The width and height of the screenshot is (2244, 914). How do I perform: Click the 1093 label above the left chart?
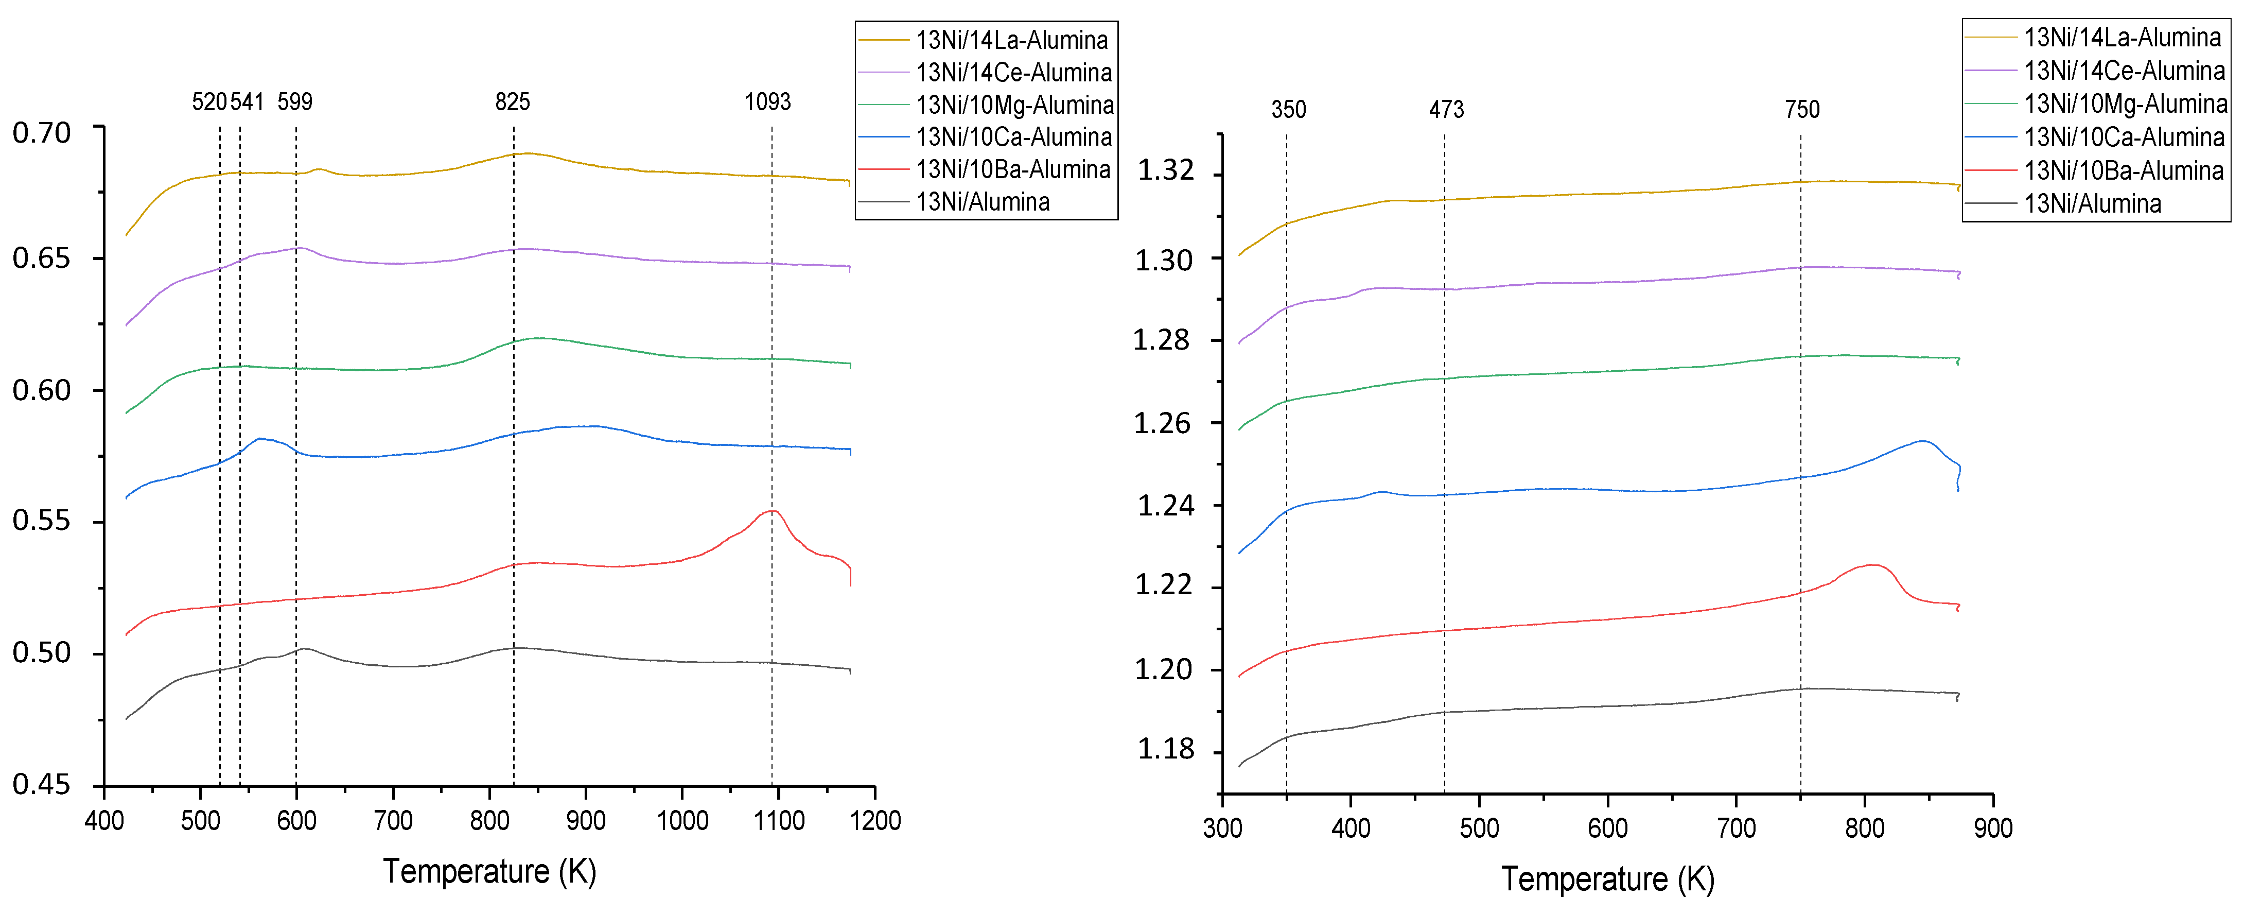coord(767,102)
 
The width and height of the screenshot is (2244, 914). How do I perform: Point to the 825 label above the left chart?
coord(512,102)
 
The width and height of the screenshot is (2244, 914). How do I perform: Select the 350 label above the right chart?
coord(1288,110)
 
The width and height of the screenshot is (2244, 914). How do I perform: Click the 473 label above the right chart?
coord(1446,110)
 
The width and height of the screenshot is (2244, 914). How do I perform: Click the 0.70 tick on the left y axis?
coord(41,133)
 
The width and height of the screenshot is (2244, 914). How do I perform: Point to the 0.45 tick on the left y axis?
coord(41,784)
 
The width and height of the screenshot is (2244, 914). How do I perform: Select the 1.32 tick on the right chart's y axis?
coord(1166,171)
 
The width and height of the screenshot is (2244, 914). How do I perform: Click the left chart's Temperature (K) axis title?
coord(489,871)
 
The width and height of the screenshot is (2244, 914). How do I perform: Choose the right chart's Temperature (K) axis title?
coord(1607,878)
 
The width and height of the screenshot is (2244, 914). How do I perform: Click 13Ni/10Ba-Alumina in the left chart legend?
coord(1013,169)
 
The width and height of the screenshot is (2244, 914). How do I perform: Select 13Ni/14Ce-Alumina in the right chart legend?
coord(2124,71)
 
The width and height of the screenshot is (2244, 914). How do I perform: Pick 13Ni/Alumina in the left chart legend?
coord(983,202)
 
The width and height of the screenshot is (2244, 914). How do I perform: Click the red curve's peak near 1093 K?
coord(772,511)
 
